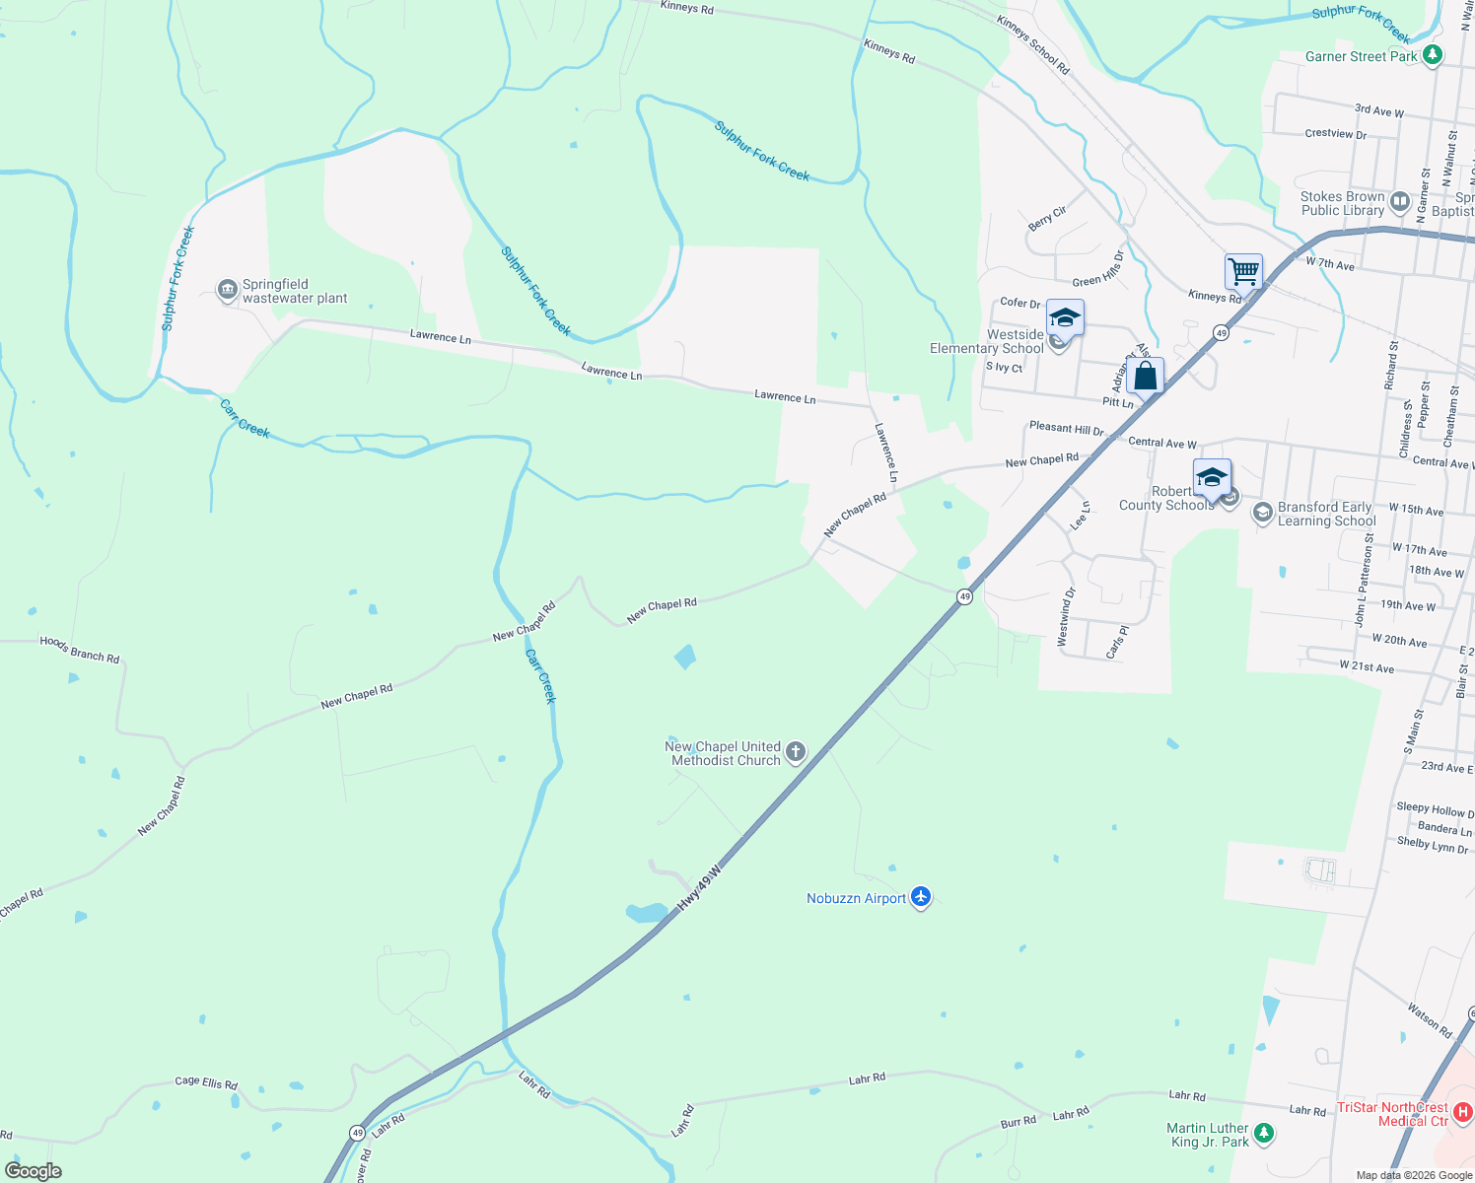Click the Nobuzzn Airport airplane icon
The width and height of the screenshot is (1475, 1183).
pyautogui.click(x=921, y=896)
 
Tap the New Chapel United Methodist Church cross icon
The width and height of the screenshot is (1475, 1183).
pyautogui.click(x=796, y=753)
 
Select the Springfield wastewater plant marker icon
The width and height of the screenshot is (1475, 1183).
pyautogui.click(x=228, y=291)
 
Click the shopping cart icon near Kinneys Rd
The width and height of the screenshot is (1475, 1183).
pyautogui.click(x=1243, y=271)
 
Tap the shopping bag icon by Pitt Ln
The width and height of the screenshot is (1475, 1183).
pyautogui.click(x=1145, y=376)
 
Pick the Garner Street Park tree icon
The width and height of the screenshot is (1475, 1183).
pyautogui.click(x=1433, y=55)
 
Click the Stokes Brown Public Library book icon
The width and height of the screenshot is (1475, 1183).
pyautogui.click(x=1400, y=203)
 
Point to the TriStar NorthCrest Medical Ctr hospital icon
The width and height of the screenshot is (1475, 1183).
pyautogui.click(x=1463, y=1112)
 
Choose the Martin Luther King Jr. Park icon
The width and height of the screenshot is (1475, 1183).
pyautogui.click(x=1264, y=1134)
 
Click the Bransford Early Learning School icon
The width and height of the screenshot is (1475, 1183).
pyautogui.click(x=1262, y=513)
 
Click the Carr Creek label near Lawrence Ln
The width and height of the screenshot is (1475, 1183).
pyautogui.click(x=245, y=418)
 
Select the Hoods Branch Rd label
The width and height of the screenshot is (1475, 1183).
pyautogui.click(x=80, y=649)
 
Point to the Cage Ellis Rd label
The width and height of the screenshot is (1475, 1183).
pyautogui.click(x=206, y=1082)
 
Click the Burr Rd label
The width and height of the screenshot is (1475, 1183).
pyautogui.click(x=1018, y=1121)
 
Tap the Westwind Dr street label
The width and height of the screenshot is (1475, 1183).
pyautogui.click(x=1066, y=617)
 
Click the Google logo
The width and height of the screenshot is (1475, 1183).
pyautogui.click(x=34, y=1171)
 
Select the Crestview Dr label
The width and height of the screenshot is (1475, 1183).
pyautogui.click(x=1335, y=133)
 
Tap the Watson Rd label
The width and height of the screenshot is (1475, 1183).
pyautogui.click(x=1430, y=1020)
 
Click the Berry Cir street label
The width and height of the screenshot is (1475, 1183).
pyautogui.click(x=1047, y=218)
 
